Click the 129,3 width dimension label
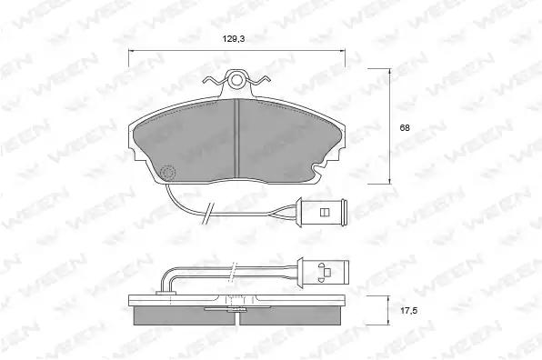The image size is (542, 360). pos(234,39)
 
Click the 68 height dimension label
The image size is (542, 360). pos(405,128)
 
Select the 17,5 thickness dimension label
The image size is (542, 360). pos(409,311)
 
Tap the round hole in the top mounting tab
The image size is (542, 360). pos(236,80)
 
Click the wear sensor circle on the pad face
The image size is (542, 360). pos(168,172)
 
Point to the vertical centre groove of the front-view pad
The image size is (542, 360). pos(236,137)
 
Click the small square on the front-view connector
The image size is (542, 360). pos(325,212)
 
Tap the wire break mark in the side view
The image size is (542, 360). pos(234,270)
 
